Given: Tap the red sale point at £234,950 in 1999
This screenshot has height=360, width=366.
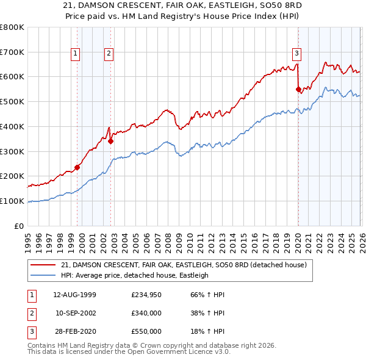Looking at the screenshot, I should tap(77, 167).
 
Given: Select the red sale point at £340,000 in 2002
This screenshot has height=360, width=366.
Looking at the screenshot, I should tap(110, 141).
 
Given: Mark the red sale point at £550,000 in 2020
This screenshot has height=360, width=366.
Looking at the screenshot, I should tap(298, 89).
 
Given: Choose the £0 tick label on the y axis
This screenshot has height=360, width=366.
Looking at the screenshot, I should tap(19, 226).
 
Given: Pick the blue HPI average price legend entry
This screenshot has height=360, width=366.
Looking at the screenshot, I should tap(135, 276).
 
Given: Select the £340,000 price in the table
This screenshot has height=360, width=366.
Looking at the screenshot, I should tap(146, 313).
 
